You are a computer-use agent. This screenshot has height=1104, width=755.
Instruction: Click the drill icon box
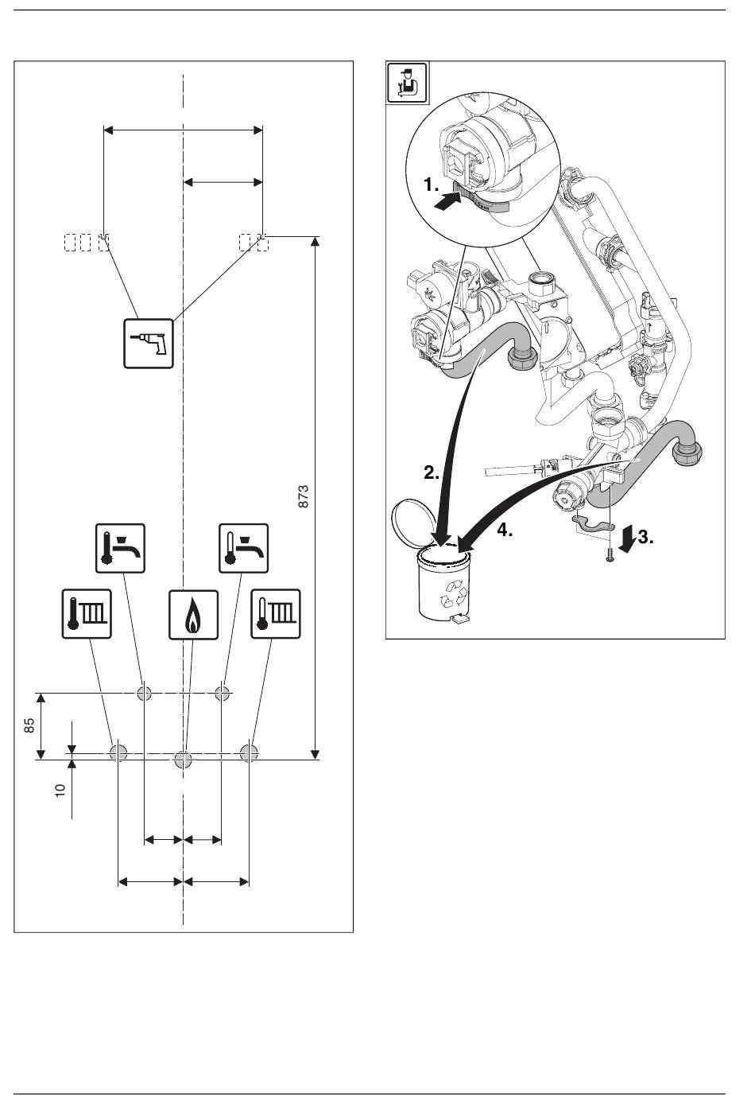pos(149,344)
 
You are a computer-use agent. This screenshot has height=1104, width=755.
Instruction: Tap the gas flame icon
pos(194,615)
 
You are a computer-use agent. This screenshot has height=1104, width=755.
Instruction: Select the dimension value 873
pos(304,497)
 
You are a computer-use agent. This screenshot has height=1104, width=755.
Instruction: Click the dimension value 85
pos(29,725)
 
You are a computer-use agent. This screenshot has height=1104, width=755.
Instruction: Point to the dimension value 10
pos(60,790)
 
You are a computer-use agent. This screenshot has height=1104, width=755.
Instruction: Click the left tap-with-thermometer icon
pos(120,548)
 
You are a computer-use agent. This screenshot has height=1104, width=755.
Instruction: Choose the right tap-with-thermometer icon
pos(244,548)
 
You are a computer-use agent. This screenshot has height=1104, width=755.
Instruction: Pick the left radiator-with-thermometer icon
pos(87,614)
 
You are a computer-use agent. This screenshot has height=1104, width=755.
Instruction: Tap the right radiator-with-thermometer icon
pos(276,614)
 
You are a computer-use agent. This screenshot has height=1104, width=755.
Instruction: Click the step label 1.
pos(431,185)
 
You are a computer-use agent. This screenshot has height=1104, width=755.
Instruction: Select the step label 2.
pos(432,473)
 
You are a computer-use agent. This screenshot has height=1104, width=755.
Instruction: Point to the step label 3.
pos(645,537)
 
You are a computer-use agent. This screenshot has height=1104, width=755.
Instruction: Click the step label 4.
pos(505,531)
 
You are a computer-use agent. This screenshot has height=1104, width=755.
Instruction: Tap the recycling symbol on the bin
pos(455,594)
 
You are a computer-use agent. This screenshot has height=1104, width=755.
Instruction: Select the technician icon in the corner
pos(407,82)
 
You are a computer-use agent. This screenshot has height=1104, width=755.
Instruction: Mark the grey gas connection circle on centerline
pos(184,760)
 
